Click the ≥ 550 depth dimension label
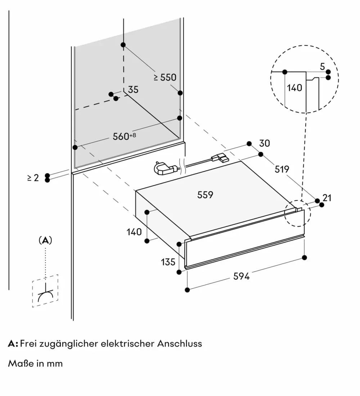pyautogui.click(x=165, y=77)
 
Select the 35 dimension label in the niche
pyautogui.click(x=133, y=90)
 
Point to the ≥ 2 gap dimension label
pyautogui.click(x=33, y=178)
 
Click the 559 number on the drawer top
pyautogui.click(x=205, y=195)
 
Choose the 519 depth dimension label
pyautogui.click(x=282, y=169)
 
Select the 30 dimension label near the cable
pyautogui.click(x=265, y=143)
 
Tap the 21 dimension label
pyautogui.click(x=327, y=198)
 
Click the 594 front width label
pyautogui.click(x=241, y=276)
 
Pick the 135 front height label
pyautogui.click(x=168, y=261)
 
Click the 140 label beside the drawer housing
pyautogui.click(x=134, y=232)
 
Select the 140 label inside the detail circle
pyautogui.click(x=295, y=87)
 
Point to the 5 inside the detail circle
pyautogui.click(x=322, y=67)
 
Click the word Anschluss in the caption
pyautogui.click(x=179, y=343)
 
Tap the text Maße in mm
pyautogui.click(x=35, y=363)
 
